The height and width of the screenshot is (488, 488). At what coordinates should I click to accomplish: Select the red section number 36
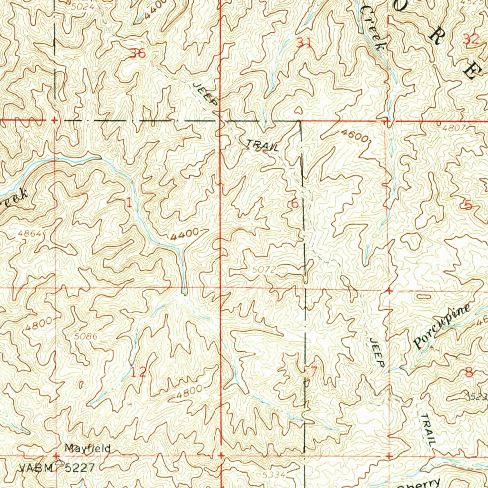tap(138, 53)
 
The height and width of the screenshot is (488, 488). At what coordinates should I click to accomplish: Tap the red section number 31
tap(304, 43)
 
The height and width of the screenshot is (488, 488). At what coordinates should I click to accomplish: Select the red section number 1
tap(129, 202)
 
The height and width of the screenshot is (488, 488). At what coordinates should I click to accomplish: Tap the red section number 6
tap(295, 204)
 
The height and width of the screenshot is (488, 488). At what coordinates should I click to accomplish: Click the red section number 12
tap(139, 372)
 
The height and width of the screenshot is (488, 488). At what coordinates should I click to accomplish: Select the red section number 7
tap(313, 371)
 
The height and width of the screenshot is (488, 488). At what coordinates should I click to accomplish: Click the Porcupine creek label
tap(443, 326)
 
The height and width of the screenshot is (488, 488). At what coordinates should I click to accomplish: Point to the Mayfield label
tap(88, 448)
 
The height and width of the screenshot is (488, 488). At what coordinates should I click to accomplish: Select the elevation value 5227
tap(84, 468)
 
